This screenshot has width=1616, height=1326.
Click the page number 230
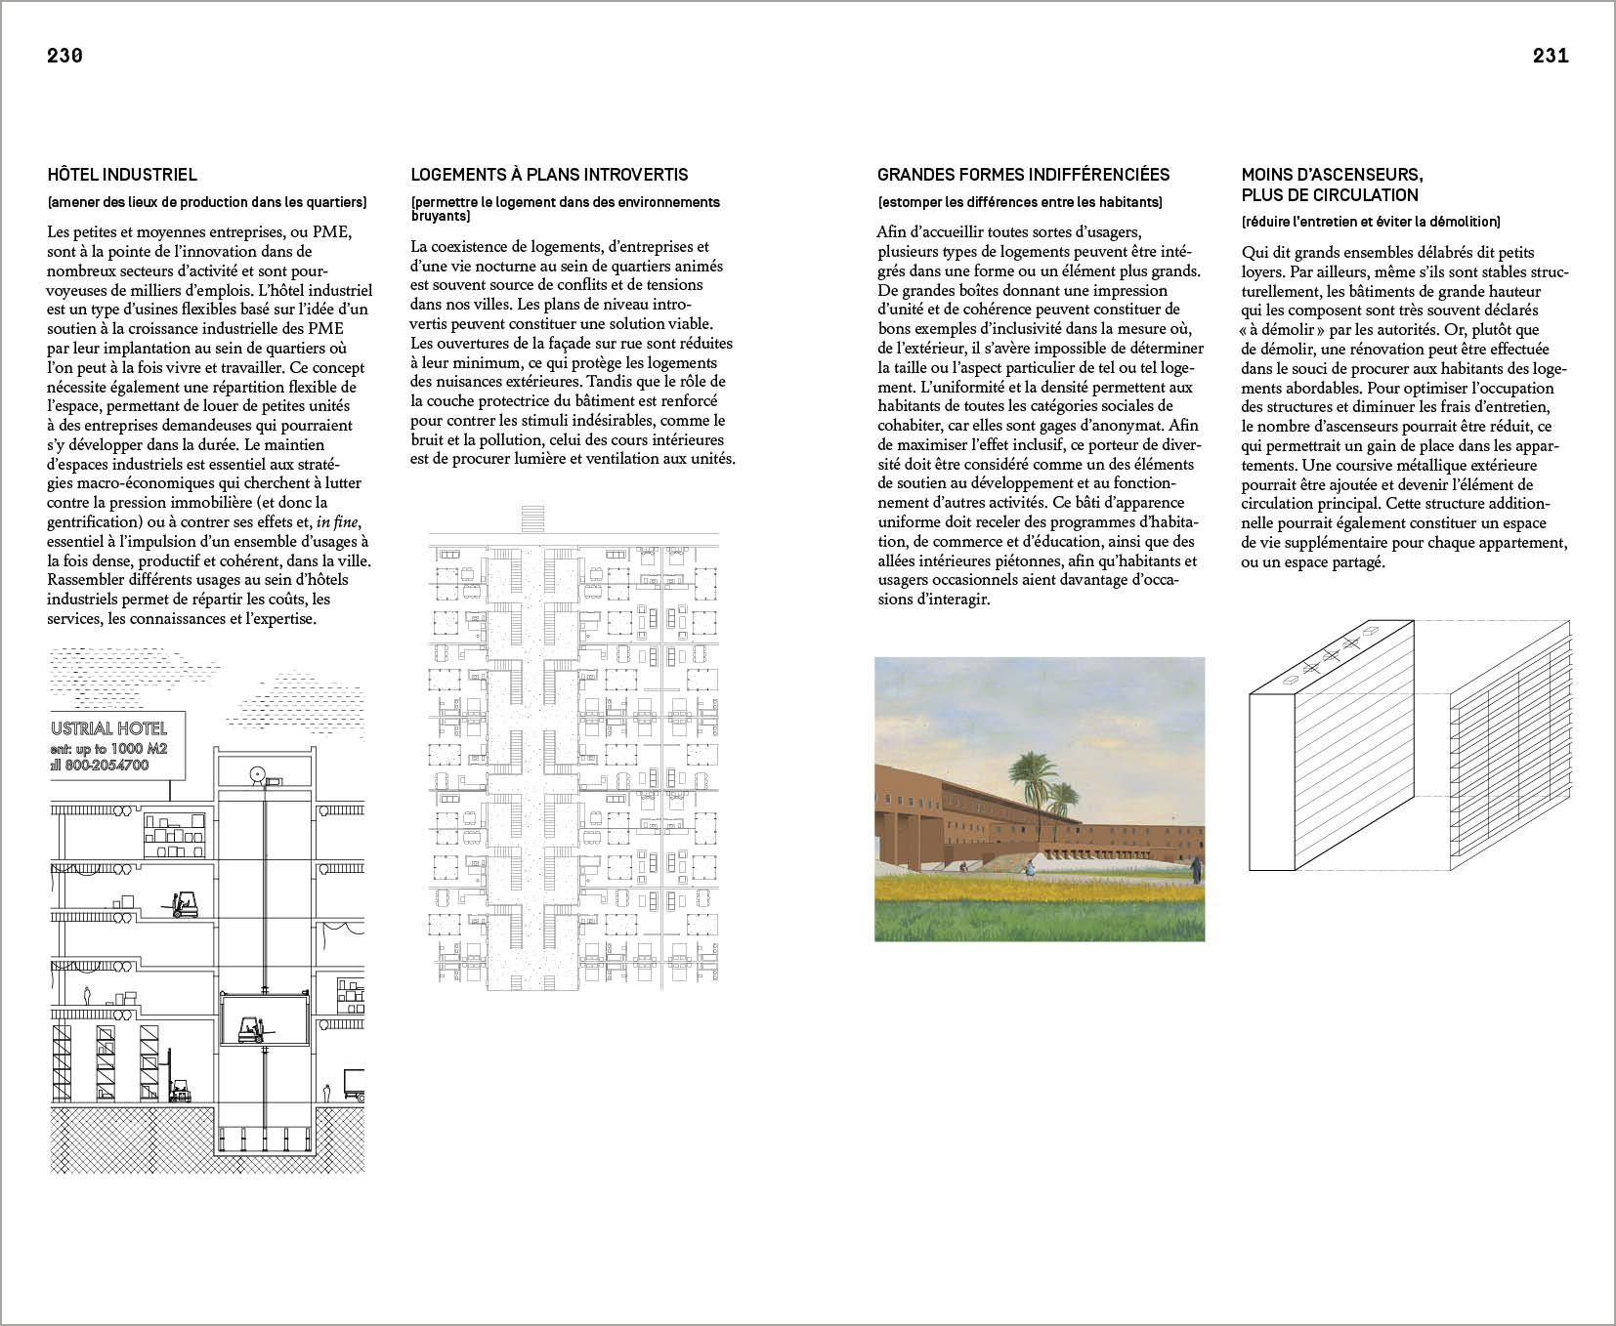point(64,56)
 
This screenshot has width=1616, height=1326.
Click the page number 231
point(1551,56)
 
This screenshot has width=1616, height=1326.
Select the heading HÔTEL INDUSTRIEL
point(122,175)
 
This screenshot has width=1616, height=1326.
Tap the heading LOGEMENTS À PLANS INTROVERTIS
point(549,175)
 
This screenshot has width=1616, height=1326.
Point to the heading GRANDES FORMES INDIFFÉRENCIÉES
point(1023,175)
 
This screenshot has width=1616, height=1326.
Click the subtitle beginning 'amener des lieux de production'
point(207,202)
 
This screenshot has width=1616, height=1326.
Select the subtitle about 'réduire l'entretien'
point(1371,222)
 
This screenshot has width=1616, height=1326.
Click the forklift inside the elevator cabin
point(253,1028)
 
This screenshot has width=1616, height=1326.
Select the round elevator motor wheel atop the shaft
point(258,775)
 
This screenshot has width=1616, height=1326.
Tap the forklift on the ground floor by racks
point(180,1090)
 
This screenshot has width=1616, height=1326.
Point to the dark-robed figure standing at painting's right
point(1195,867)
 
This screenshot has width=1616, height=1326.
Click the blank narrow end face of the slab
point(1271,781)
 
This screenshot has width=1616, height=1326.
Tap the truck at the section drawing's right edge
point(354,1082)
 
